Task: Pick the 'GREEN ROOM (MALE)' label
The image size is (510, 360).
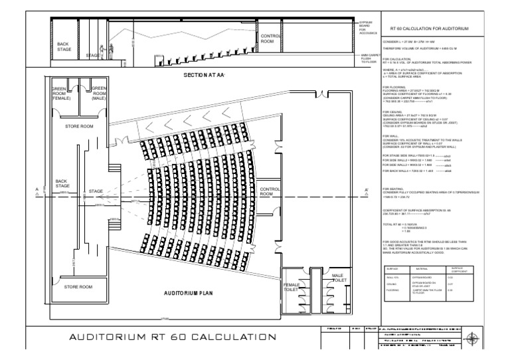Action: [x=99, y=93]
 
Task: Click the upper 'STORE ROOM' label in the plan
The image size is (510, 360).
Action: [x=79, y=125]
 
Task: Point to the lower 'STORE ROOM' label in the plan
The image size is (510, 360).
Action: [x=78, y=287]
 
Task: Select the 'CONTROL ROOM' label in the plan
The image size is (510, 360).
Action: [x=271, y=191]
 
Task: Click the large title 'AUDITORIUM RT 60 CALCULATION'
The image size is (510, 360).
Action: [x=169, y=338]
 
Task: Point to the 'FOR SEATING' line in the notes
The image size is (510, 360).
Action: [x=396, y=189]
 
